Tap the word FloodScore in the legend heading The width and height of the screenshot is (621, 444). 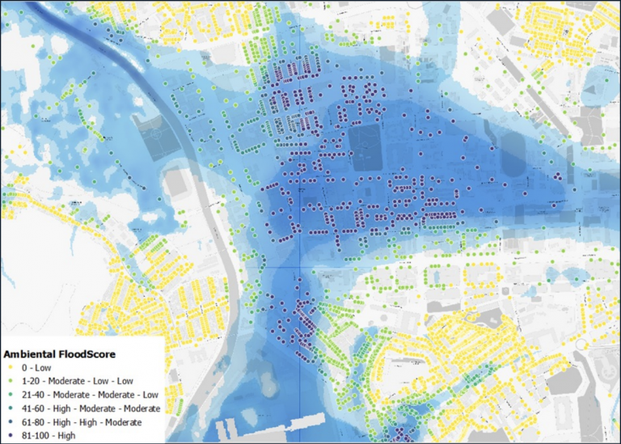coord(94,354)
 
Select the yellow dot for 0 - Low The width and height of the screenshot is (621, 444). coord(9,367)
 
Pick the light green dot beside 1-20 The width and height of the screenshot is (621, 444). coord(9,381)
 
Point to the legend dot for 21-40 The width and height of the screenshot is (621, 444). coord(9,395)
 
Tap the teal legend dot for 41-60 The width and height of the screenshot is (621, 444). coord(9,408)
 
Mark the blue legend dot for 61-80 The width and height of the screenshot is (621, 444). coord(9,422)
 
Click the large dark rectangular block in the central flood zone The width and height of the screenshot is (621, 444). coord(369,145)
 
